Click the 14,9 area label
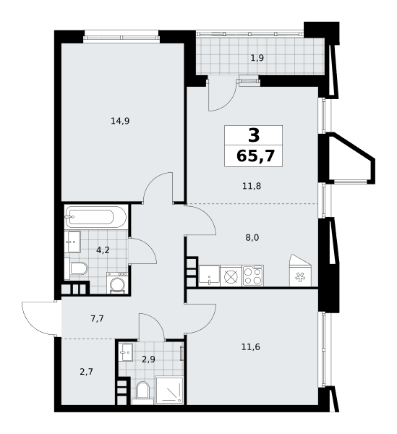pos(120,121)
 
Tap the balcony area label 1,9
pos(257,58)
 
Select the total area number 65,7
pos(255,156)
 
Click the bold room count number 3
pos(254,136)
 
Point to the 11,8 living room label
pos(252,186)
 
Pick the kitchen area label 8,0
pos(252,237)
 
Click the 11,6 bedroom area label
pos(251,346)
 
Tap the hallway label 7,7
pos(97,319)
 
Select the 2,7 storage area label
pos(86,372)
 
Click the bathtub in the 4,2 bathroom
pos(95,217)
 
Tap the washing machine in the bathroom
pos(117,283)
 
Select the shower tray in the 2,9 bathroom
pos(169,390)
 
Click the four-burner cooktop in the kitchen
pos(253,276)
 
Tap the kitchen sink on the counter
pos(209,276)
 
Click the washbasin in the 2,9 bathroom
pos(126,352)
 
